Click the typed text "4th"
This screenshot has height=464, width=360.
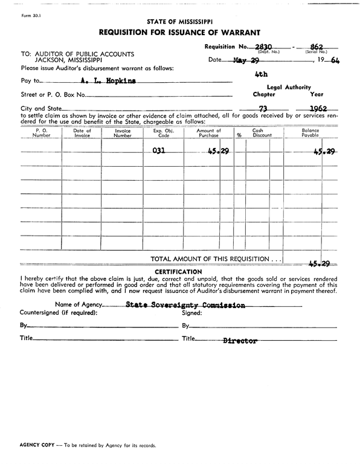[x=261, y=75]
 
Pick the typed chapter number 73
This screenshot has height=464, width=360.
[x=263, y=108]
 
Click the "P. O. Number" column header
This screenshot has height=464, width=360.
[x=42, y=133]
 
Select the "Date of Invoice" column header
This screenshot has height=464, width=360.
[x=82, y=133]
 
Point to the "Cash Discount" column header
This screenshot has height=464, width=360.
[x=262, y=133]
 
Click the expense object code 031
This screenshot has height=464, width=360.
[x=159, y=152]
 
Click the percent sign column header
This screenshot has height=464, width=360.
[x=239, y=135]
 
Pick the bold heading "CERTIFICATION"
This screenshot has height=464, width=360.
[x=179, y=272]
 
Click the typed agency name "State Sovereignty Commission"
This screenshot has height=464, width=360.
[x=185, y=306]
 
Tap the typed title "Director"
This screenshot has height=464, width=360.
[x=240, y=341]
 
